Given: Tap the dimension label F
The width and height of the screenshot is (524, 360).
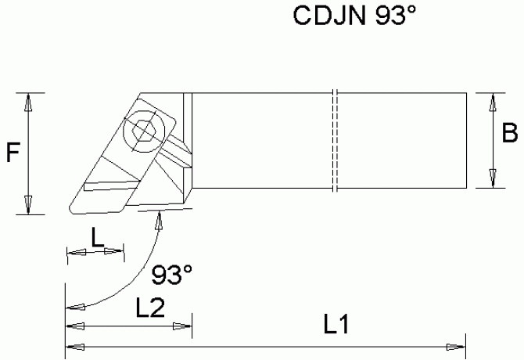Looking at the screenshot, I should click(13, 153).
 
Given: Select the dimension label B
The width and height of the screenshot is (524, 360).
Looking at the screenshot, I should click(510, 135).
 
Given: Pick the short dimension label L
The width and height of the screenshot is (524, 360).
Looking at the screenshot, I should click(96, 238).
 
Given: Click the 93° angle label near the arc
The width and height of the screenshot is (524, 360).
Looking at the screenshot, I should click(172, 275).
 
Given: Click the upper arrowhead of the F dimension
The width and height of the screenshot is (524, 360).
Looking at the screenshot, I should click(29, 101).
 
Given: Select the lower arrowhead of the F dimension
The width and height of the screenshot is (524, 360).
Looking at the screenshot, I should click(29, 204).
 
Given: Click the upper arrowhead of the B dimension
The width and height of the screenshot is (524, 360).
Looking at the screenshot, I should click(493, 101).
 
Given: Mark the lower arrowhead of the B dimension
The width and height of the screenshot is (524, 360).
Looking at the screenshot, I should click(493, 180).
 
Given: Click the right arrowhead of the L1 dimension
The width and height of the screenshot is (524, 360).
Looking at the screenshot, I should click(458, 347).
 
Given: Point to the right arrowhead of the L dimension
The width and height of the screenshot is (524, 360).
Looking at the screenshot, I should click(118, 252).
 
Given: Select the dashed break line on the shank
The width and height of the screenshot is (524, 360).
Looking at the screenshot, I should click(333, 141).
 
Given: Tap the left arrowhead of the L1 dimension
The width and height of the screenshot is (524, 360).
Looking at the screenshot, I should click(71, 347).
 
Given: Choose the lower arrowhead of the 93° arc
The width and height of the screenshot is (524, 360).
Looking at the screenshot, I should click(72, 306).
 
